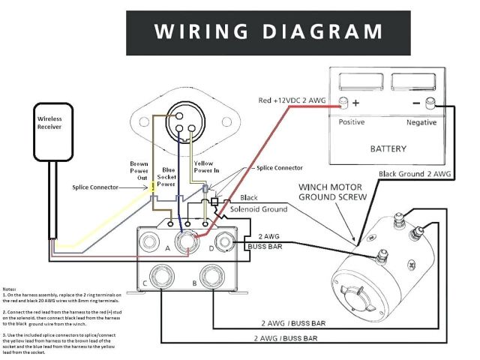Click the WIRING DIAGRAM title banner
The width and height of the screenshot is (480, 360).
268,31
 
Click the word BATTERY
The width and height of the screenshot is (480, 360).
388,148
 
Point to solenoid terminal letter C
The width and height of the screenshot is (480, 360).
145,283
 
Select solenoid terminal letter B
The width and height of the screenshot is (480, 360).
195,283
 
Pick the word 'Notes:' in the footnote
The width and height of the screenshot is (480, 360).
10,289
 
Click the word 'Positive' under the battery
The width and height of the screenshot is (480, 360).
352,121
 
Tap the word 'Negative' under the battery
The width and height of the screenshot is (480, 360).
422,121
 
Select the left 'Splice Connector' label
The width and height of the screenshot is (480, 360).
94,187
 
